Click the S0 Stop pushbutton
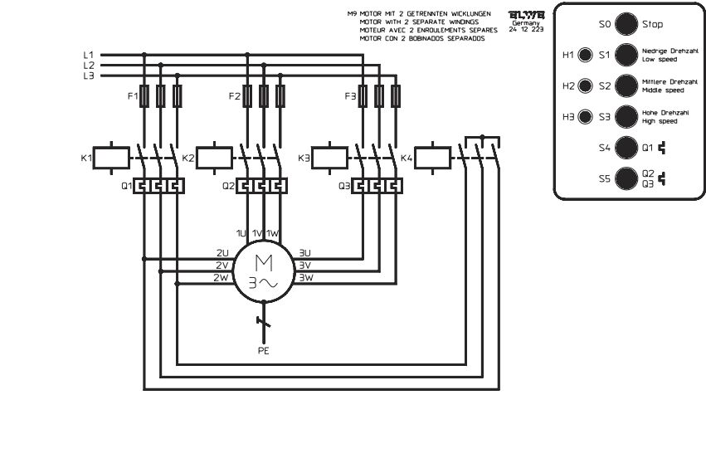(x=626, y=25)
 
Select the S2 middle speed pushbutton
(x=626, y=86)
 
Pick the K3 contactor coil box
(x=329, y=157)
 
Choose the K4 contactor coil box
(x=431, y=157)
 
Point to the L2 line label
(x=89, y=65)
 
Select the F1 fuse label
(x=132, y=96)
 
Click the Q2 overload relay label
(x=228, y=187)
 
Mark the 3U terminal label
(x=304, y=252)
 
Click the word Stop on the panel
(x=652, y=25)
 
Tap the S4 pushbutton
(x=626, y=148)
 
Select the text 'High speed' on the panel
(x=660, y=121)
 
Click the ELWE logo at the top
(x=527, y=14)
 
